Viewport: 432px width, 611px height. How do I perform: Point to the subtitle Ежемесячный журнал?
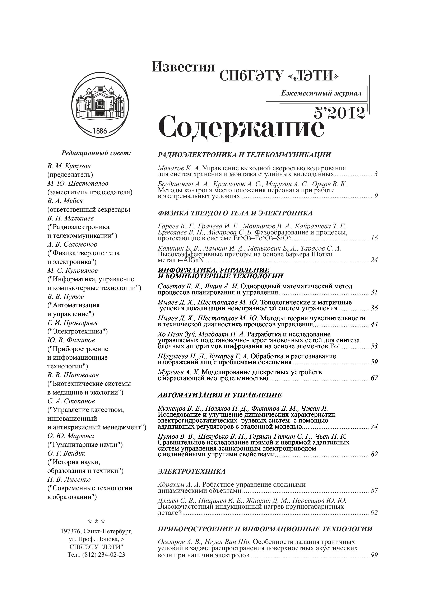coord(321,93)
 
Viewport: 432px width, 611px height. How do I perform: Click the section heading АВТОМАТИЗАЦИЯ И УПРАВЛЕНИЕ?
coord(220,395)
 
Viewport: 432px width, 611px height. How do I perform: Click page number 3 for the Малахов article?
coord(376,174)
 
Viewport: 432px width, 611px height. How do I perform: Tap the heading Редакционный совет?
coord(96,153)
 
